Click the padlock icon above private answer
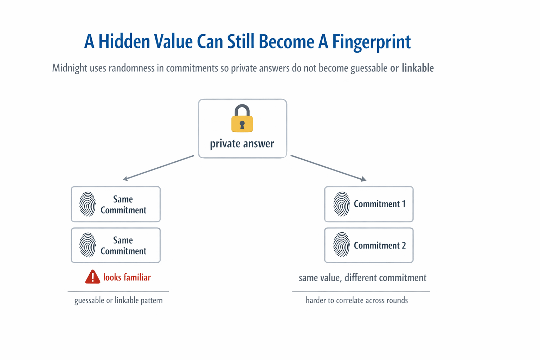tap(242, 118)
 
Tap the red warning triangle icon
tap(92, 277)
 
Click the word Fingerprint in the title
tap(371, 41)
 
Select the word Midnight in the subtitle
tap(70, 68)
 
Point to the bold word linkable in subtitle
tap(418, 67)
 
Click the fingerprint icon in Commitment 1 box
tap(341, 204)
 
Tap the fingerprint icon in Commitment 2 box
tap(341, 245)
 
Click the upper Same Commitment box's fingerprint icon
tap(88, 204)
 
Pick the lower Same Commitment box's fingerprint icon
tap(88, 245)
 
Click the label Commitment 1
tap(379, 204)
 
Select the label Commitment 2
tap(380, 245)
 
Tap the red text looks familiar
tap(127, 277)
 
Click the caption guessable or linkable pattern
tap(118, 301)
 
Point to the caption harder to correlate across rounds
tap(356, 300)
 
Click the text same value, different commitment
tap(362, 278)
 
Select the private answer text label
tap(242, 144)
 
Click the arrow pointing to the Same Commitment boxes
tap(158, 167)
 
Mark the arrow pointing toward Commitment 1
tap(328, 168)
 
